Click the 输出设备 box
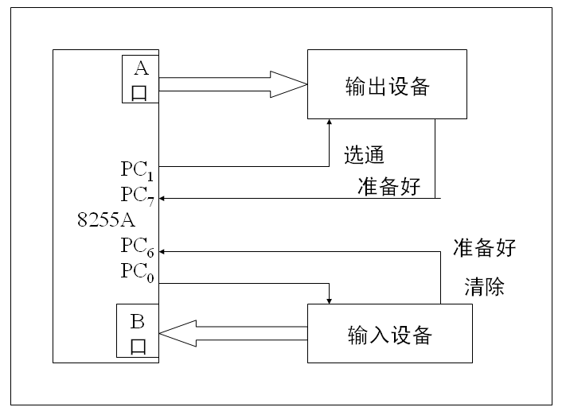(387, 84)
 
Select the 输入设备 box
(389, 334)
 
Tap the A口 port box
(139, 79)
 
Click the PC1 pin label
(136, 169)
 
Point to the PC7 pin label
(136, 195)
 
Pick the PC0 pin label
(136, 271)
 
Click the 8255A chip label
(106, 220)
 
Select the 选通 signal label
(364, 153)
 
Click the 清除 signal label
(484, 287)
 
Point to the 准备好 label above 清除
(484, 247)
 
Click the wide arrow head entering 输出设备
(289, 84)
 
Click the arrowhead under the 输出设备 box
(330, 123)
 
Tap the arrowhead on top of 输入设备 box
(330, 300)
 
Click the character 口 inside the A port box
(139, 92)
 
